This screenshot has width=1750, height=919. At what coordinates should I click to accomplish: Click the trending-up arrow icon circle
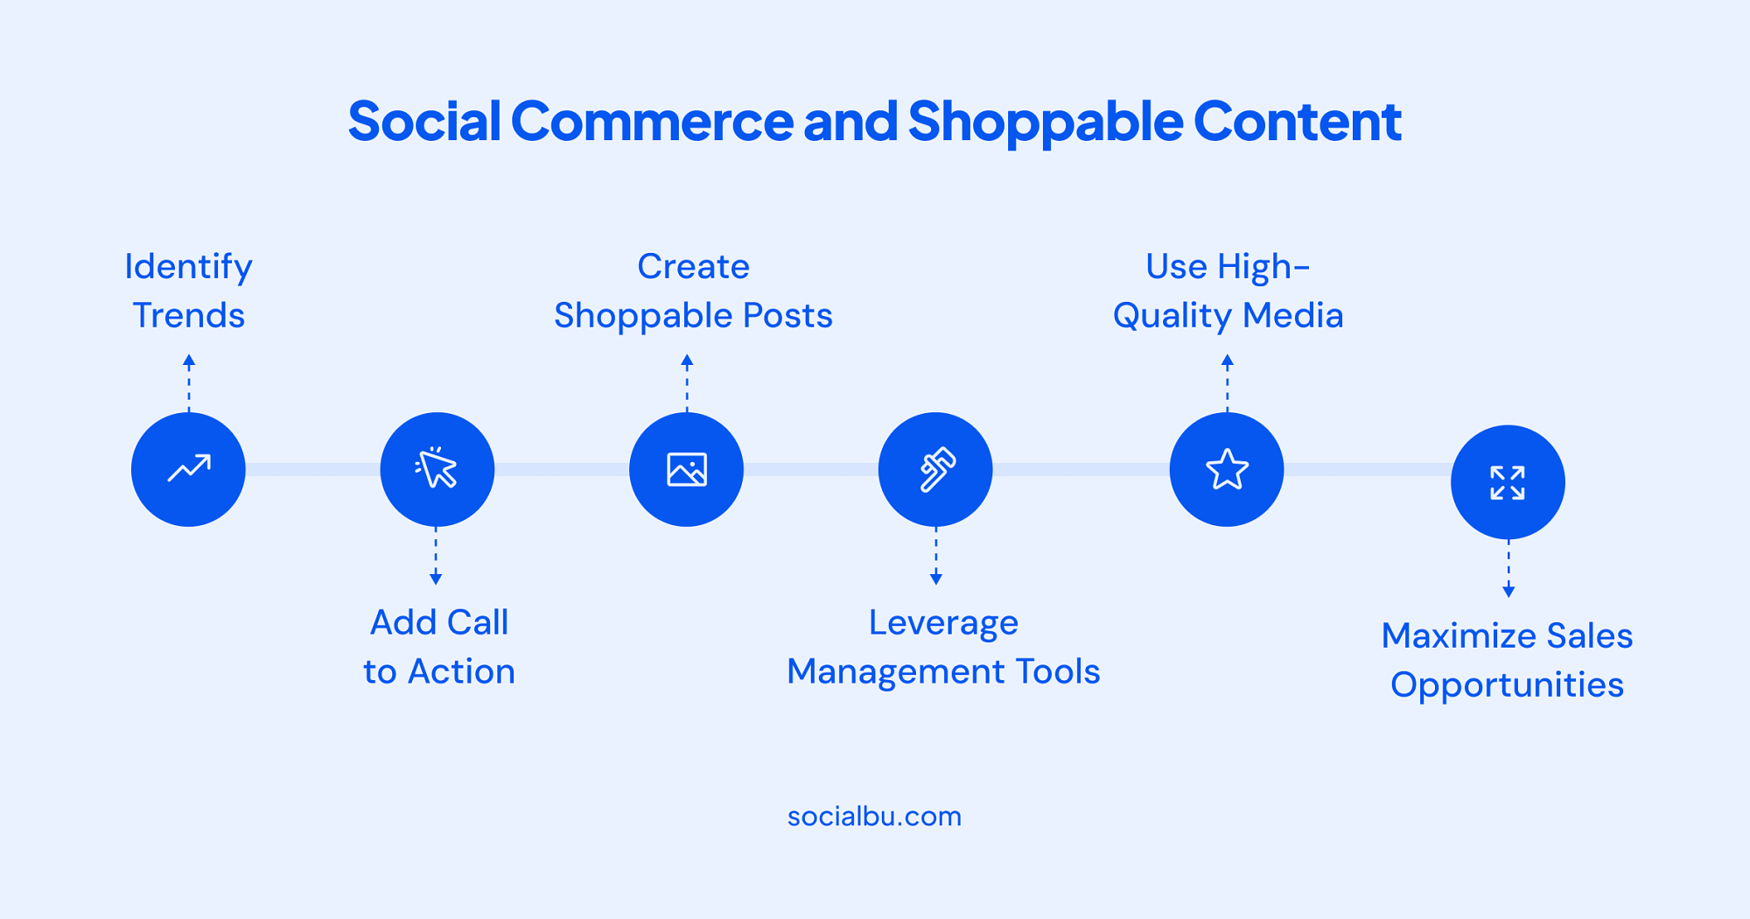pos(188,469)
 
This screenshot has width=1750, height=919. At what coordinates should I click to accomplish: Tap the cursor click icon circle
pos(437,469)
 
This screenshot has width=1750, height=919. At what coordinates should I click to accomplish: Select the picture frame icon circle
pos(687,469)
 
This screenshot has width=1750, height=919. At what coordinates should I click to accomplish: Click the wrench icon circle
pos(935,469)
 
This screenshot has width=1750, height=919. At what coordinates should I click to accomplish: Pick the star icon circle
pos(1227,469)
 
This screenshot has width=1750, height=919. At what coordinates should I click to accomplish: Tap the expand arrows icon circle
pos(1508,482)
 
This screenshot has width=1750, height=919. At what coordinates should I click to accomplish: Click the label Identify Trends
pos(188,291)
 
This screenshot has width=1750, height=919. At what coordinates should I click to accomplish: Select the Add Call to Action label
pos(439,647)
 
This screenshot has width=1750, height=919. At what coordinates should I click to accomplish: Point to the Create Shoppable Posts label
pos(693,291)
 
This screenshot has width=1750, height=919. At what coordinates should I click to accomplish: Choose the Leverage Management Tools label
pos(943,648)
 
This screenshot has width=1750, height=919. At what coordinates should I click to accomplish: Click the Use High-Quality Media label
pos(1228,291)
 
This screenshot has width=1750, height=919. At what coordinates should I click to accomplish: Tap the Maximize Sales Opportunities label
pos(1507,661)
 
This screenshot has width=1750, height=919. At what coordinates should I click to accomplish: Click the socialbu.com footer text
pos(874,817)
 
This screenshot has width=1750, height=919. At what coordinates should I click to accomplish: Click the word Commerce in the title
pos(652,121)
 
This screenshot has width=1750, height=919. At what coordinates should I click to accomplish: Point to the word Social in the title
pos(424,120)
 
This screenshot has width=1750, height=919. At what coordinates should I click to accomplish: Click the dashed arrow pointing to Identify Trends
pos(189,382)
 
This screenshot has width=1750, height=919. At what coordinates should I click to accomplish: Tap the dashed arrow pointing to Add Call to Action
pos(436,556)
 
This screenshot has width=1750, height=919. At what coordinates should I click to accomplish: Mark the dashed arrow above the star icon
pos(1228,382)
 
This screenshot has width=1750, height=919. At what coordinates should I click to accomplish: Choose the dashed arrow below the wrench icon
pos(936,556)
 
